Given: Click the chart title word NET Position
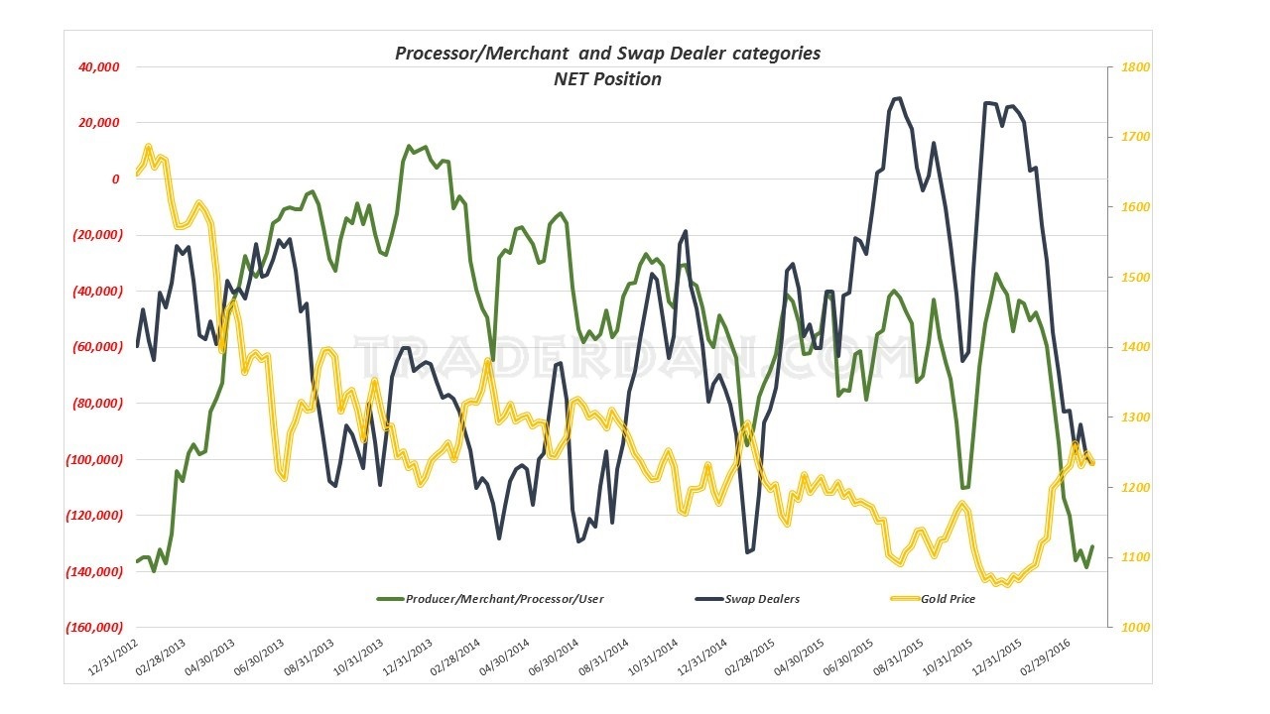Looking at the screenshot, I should tap(607, 79).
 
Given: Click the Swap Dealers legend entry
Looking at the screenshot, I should tap(762, 599).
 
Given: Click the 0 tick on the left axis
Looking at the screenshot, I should tap(116, 179).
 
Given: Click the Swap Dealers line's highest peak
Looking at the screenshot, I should tap(898, 98).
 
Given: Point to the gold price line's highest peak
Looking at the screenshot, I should tap(148, 148).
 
